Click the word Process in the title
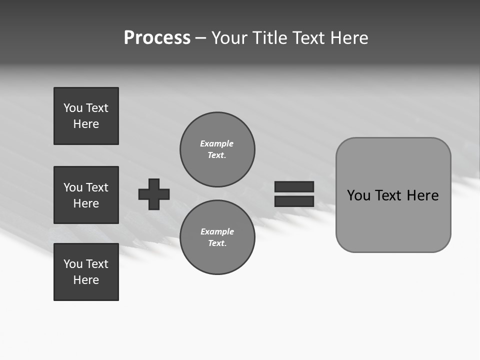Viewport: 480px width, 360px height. pos(157,38)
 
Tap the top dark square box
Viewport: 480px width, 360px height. pos(86,116)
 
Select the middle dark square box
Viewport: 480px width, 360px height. pos(86,195)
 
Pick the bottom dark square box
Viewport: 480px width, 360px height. pos(86,272)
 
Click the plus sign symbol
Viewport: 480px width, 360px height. pos(154,194)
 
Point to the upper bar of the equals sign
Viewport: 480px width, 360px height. pos(294,186)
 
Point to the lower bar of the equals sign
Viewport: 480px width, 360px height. pos(294,201)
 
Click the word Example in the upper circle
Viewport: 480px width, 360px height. pos(217,143)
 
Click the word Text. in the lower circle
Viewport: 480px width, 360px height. pos(217,243)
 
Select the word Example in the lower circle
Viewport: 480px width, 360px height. pos(217,231)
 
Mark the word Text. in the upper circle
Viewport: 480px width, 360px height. pos(217,155)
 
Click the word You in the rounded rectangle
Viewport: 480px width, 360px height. pos(359,195)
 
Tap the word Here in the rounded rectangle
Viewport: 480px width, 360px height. pos(422,195)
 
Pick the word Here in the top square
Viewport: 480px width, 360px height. pos(86,124)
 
